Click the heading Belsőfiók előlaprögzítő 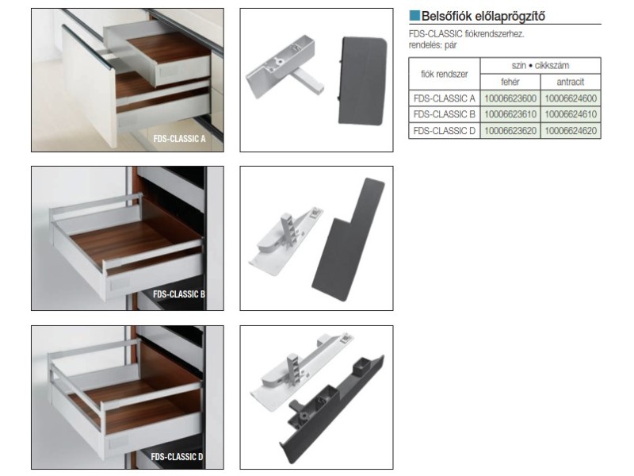pos(483,17)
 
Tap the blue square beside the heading pos(414,16)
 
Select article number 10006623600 pos(510,98)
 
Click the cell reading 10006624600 pos(571,98)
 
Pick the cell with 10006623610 pos(510,114)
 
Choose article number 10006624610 pos(571,114)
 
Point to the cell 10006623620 pos(510,131)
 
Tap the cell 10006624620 pos(571,131)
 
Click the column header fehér pos(510,83)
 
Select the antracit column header pos(571,83)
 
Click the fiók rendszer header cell pos(445,74)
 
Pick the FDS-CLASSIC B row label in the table pos(445,114)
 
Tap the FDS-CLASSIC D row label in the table pos(445,131)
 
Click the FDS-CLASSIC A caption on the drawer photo pos(180,139)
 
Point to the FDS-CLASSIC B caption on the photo pos(179,294)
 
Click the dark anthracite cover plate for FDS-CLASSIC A pos(361,81)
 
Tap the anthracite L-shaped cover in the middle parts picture pos(348,240)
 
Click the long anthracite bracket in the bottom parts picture pos(332,409)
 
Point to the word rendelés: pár pos(433,45)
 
